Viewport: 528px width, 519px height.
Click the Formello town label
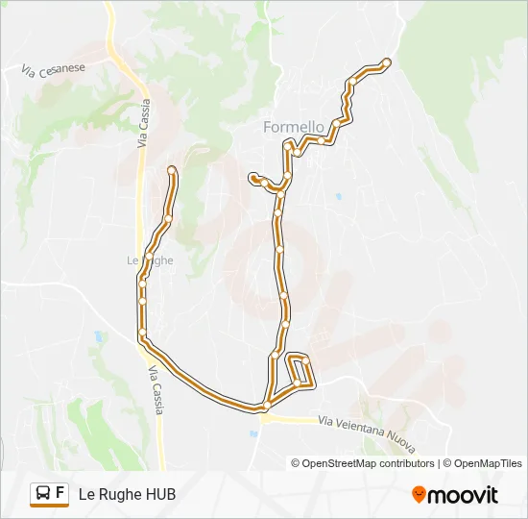pos(294,127)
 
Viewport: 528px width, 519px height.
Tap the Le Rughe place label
pos(149,259)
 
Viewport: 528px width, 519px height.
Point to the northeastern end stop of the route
pos(386,62)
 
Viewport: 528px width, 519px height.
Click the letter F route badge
pos(60,494)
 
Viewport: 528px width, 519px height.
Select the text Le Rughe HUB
pos(127,494)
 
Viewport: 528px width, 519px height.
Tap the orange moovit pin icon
pos(419,495)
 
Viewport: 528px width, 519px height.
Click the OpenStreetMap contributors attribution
pos(362,463)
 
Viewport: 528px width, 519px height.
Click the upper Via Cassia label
pos(144,126)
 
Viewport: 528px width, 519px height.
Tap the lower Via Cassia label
pos(156,393)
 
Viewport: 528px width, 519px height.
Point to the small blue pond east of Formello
pos(338,196)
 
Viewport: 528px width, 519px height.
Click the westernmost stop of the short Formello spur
pos(252,177)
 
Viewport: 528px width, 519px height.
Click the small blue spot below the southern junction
pos(253,433)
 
